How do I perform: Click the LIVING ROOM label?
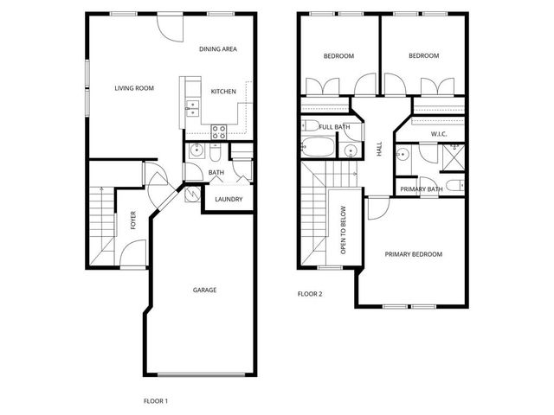(x=134, y=87)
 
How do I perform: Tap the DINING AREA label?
(x=218, y=49)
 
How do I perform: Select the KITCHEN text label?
(x=223, y=92)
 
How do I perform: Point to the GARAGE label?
(x=204, y=290)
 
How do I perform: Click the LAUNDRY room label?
(x=229, y=200)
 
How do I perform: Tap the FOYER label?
(x=133, y=221)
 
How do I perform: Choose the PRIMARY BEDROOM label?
(x=414, y=254)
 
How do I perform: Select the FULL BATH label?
(x=334, y=127)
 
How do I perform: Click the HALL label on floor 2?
(x=379, y=150)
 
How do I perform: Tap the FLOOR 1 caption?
(x=155, y=400)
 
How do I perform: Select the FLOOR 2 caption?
(x=309, y=294)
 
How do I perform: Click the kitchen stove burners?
(x=219, y=132)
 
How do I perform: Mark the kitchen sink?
(x=192, y=108)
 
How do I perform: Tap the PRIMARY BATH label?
(x=422, y=189)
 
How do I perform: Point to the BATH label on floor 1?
(x=216, y=173)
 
